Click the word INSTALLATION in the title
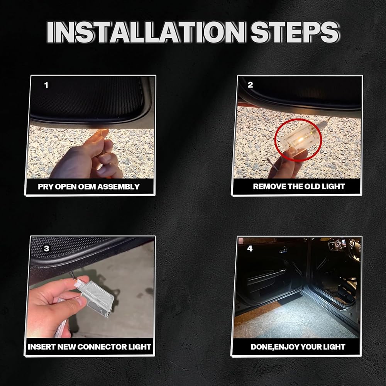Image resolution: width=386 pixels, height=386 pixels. coord(146,32)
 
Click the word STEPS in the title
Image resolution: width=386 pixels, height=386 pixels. coord(295,32)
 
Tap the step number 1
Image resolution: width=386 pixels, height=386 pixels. coord(46,85)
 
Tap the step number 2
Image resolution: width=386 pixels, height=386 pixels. coord(250,85)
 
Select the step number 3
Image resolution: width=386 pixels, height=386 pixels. coord(46,248)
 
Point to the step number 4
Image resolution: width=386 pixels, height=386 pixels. coord(250,248)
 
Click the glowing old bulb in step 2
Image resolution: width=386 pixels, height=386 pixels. coord(301,140)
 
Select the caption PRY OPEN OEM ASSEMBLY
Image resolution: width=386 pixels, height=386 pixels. coord(89,186)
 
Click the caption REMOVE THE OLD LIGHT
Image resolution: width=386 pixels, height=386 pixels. coord(299,186)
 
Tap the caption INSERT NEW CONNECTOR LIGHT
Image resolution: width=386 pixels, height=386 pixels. coord(90,347)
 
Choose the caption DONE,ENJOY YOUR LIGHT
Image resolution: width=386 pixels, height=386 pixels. coord(298,347)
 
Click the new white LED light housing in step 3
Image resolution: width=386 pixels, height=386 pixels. coord(96,298)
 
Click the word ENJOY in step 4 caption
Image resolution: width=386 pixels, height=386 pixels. coord(286,347)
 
